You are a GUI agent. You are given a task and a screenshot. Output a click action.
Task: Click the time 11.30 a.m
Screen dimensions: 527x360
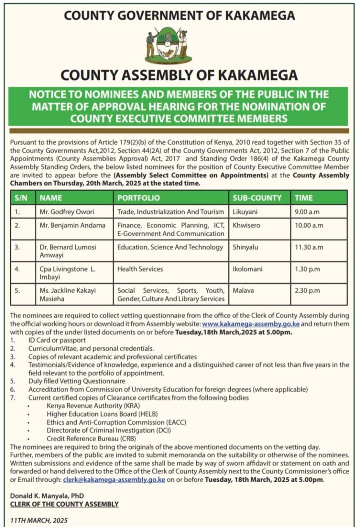[309, 247]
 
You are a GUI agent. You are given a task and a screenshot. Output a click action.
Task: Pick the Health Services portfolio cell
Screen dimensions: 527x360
[140, 269]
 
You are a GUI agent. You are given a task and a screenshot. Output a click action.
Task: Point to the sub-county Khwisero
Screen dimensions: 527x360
[247, 225]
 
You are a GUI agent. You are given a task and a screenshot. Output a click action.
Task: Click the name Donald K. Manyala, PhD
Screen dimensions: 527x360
[47, 496]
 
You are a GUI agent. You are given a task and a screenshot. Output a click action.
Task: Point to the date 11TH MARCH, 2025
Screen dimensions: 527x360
[39, 520]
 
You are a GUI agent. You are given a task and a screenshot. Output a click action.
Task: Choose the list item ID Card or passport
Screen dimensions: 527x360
[57, 340]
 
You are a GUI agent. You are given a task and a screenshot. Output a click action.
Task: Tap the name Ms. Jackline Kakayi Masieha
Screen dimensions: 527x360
[67, 294]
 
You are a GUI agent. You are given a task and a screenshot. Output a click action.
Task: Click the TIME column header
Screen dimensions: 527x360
[304, 198]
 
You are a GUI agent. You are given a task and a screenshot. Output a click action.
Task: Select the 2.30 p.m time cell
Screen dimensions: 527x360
[307, 290]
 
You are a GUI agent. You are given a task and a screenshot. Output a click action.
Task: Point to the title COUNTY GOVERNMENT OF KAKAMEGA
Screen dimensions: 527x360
[179, 16]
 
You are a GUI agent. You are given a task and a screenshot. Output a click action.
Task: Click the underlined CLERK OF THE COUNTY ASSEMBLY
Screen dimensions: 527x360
[64, 504]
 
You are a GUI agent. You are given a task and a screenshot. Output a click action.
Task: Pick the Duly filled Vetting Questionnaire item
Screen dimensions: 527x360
[77, 381]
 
